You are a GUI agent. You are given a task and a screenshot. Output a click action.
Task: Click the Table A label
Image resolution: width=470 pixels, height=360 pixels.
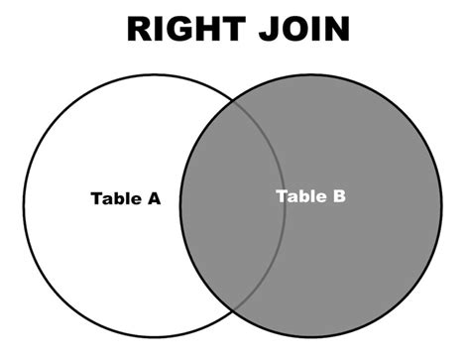pyautogui.click(x=125, y=197)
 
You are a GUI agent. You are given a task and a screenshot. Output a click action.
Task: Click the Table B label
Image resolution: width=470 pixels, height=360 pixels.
pyautogui.click(x=310, y=195)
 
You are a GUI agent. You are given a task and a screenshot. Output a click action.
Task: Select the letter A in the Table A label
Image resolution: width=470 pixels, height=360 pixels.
pyautogui.click(x=153, y=197)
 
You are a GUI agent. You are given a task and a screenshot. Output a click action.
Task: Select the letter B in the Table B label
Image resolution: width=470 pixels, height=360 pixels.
pyautogui.click(x=339, y=195)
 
